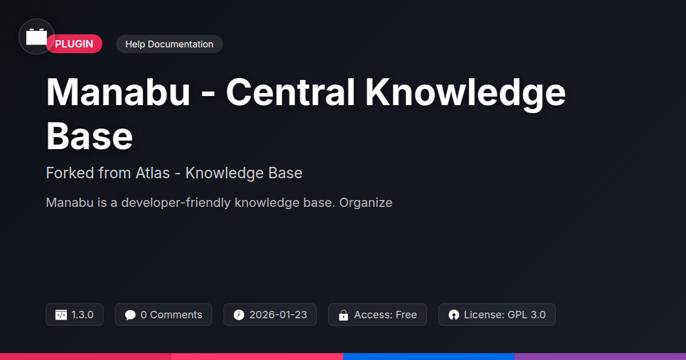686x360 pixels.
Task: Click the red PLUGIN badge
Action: click(x=74, y=44)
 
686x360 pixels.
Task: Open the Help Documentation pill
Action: click(x=169, y=44)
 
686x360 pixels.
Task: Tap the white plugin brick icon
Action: click(x=37, y=37)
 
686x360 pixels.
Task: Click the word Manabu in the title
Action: click(x=118, y=92)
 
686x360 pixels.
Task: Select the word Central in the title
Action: click(x=290, y=92)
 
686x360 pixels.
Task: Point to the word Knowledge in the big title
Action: click(x=465, y=93)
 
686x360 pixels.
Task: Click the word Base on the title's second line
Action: click(x=89, y=136)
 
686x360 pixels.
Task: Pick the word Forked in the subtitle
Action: click(x=70, y=173)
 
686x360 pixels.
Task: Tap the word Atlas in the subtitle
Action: click(x=153, y=173)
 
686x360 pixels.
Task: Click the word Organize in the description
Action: click(x=366, y=203)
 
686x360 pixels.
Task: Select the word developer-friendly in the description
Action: click(x=176, y=203)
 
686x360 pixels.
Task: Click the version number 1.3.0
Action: click(x=82, y=315)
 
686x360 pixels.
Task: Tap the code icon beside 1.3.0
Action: click(x=61, y=315)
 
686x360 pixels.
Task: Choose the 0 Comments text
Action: click(x=171, y=315)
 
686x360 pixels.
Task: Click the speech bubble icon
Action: click(x=130, y=315)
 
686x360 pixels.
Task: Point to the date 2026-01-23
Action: click(x=278, y=315)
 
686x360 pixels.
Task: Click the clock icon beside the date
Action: click(x=239, y=315)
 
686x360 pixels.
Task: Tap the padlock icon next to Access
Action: click(x=344, y=315)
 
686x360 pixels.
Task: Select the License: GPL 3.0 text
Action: click(x=505, y=315)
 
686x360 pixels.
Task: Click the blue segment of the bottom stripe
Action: click(x=429, y=357)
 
